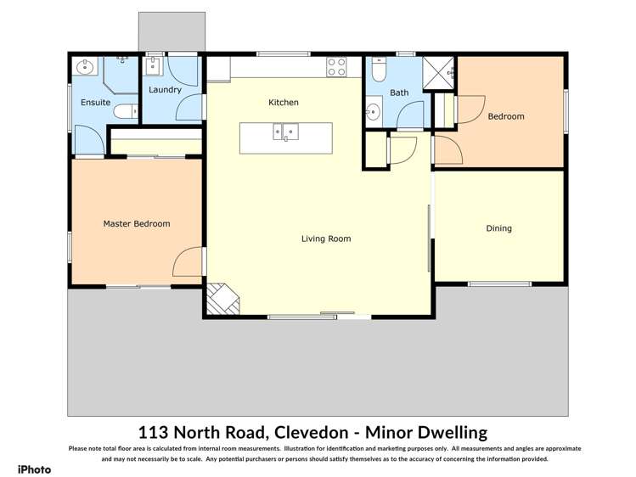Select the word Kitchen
tap(284, 103)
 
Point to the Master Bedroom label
tap(136, 224)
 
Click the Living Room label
tap(326, 238)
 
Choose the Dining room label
tap(498, 228)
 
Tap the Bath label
tap(399, 93)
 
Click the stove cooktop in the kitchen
tap(336, 65)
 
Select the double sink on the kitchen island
tap(284, 132)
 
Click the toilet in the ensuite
tap(124, 110)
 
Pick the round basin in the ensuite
tap(83, 67)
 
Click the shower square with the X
tap(441, 71)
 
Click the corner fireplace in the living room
tap(222, 298)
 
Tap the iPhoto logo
tap(34, 469)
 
